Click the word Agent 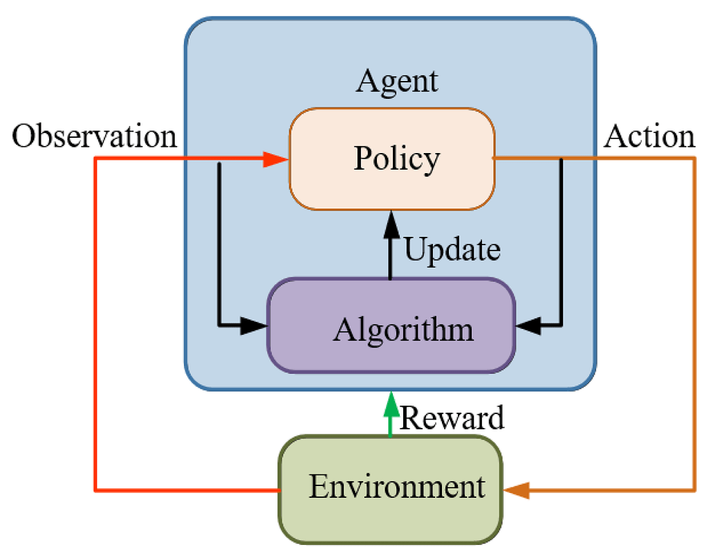(x=397, y=82)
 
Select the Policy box (x=391, y=159)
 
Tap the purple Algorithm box (x=391, y=325)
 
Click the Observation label (x=95, y=137)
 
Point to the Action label (x=649, y=137)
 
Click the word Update (x=452, y=249)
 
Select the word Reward (x=452, y=418)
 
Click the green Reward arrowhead (x=391, y=404)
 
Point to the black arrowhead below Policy (x=391, y=222)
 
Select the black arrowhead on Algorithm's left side (x=254, y=324)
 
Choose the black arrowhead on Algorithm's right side (x=529, y=324)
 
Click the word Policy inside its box (x=397, y=159)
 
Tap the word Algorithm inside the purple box (x=403, y=330)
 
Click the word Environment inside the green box (x=397, y=487)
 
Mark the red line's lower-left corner (x=95, y=491)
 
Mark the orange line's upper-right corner (x=694, y=159)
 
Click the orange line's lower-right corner (x=694, y=491)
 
